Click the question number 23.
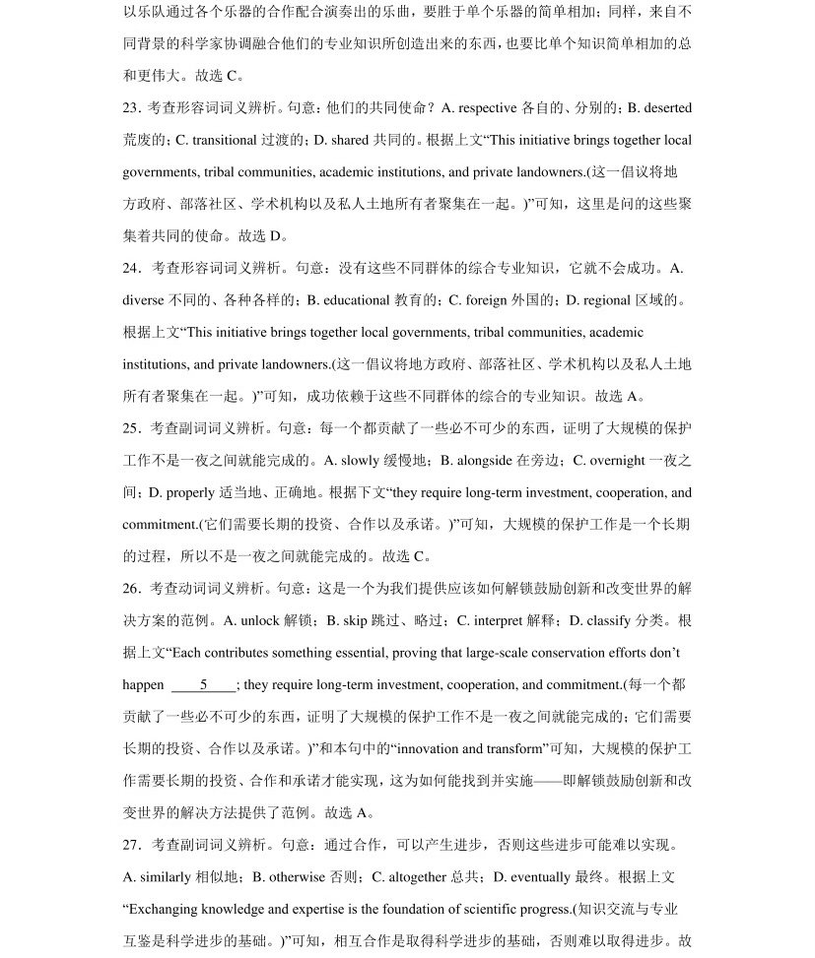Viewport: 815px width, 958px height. [132, 107]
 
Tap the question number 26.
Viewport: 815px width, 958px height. [132, 589]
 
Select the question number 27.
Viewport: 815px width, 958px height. [132, 845]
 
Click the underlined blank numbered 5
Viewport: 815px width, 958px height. [203, 685]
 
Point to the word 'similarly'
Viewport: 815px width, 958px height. [167, 877]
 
